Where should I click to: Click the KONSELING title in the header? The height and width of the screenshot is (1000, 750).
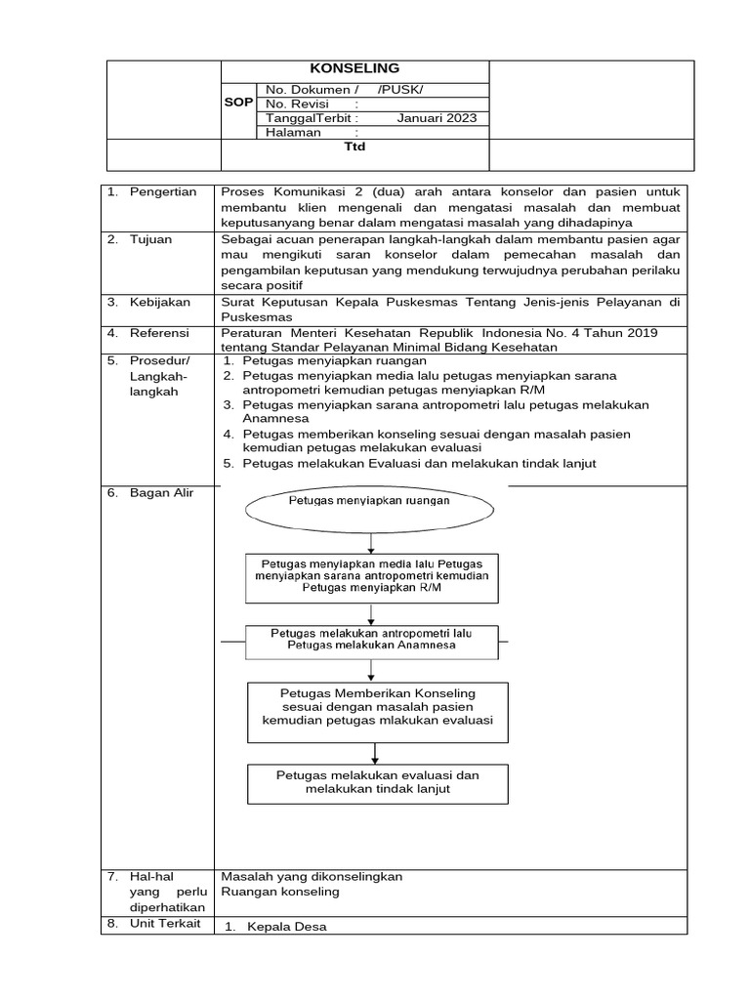354,68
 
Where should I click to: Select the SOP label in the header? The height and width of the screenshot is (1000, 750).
239,103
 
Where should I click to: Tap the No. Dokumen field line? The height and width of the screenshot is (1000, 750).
343,90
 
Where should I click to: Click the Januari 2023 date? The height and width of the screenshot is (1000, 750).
437,118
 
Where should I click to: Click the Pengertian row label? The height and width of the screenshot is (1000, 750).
163,191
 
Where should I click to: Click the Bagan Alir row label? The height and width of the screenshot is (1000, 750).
161,493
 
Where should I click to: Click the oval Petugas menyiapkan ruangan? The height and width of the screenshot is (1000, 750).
369,501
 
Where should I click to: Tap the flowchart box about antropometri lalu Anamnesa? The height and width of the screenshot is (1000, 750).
371,640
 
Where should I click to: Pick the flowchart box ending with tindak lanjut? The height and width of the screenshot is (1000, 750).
377,782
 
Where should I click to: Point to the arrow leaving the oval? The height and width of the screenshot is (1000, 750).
370,538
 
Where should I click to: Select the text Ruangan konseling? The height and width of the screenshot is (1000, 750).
280,892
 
